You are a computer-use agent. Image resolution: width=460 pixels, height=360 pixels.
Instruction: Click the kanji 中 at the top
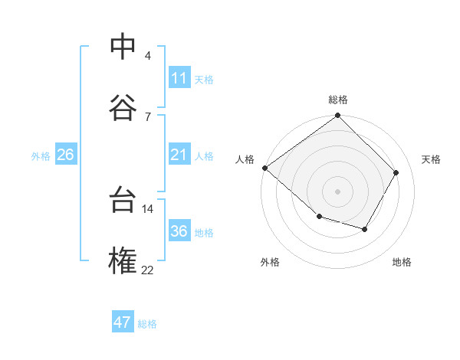[x=123, y=47]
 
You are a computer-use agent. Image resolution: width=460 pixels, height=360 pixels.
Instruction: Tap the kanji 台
[x=123, y=201]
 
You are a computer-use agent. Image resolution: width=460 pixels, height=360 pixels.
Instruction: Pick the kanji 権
[x=123, y=260]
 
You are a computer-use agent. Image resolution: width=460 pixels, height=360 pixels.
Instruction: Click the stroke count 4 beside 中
[x=148, y=56]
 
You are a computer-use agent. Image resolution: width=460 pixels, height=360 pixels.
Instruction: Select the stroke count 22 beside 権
[x=148, y=269]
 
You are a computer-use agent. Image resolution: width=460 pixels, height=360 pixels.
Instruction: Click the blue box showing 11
[x=179, y=78]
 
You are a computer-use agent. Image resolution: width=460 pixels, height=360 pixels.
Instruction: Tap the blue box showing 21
[x=179, y=155]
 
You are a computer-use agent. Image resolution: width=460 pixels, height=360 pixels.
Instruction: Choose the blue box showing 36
[x=179, y=231]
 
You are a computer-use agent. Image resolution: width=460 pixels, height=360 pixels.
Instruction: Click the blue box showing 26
[x=65, y=155]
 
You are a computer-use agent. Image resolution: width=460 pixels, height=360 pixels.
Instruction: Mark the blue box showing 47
[x=123, y=322]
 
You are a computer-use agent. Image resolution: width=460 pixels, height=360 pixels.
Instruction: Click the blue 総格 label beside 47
[x=147, y=324]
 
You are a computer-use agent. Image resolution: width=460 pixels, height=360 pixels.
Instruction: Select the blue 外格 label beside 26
[x=41, y=156]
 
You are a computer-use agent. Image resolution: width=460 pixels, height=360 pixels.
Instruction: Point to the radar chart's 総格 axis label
[x=338, y=100]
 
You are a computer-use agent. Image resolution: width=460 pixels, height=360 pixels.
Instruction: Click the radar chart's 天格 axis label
[x=431, y=159]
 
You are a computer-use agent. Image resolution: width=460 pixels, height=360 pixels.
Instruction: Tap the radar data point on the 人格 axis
[x=264, y=168]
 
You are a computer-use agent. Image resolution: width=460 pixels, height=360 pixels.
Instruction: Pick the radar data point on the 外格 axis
[x=319, y=218]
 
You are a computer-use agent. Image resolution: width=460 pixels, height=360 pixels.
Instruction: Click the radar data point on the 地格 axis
[x=365, y=229]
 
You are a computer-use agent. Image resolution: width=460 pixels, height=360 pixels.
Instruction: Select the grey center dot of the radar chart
[x=338, y=191]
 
